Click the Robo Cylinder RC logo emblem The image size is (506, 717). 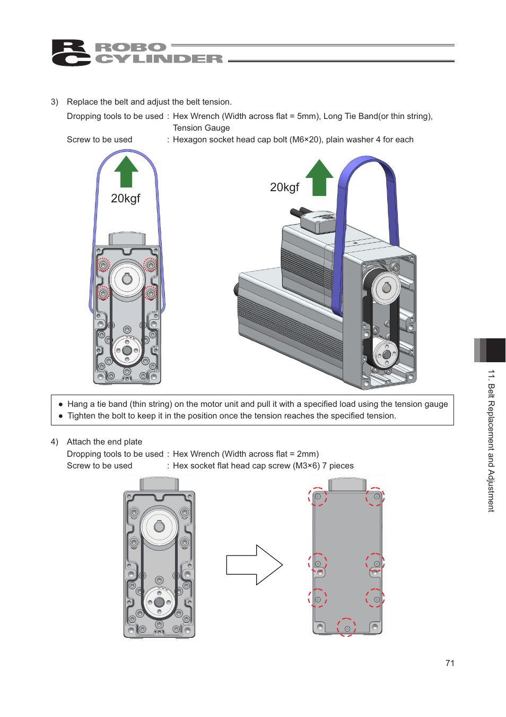71,53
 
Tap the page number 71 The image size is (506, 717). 450,663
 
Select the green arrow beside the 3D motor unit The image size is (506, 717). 319,177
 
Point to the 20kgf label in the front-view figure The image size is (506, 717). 126,199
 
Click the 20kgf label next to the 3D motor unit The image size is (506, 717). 284,187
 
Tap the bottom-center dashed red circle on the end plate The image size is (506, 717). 347,628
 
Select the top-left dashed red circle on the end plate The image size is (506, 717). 318,497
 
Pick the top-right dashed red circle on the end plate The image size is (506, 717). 375,497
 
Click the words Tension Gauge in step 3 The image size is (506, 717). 202,128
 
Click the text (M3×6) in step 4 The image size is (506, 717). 307,466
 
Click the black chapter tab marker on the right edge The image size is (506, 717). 495,350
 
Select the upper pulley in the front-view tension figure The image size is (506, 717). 127,279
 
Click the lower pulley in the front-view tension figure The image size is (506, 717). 127,350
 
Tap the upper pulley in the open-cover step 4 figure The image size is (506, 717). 159,527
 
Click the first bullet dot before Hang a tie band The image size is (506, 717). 60,405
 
